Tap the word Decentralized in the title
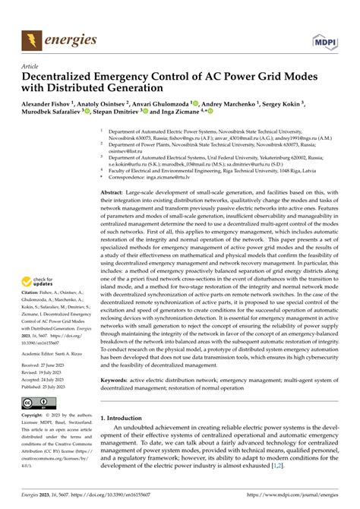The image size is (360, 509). pyautogui.click(x=66, y=77)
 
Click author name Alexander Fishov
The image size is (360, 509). pyautogui.click(x=46, y=104)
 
